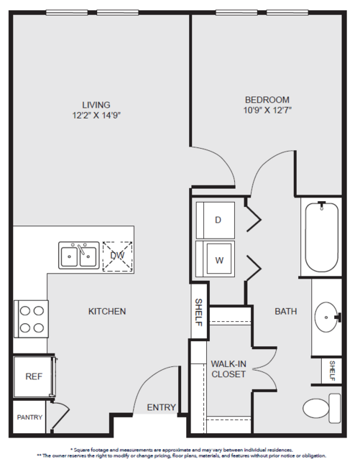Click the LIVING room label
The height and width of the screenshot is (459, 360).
pyautogui.click(x=96, y=105)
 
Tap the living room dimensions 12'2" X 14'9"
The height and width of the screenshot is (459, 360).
pyautogui.click(x=97, y=116)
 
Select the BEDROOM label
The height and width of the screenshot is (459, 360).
pyautogui.click(x=267, y=100)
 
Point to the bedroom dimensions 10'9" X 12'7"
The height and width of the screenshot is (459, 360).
pyautogui.click(x=267, y=111)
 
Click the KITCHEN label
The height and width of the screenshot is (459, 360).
pyautogui.click(x=107, y=311)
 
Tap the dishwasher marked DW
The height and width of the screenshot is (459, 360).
pyautogui.click(x=117, y=256)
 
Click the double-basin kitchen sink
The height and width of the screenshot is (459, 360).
pyautogui.click(x=79, y=255)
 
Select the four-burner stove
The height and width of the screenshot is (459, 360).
pyautogui.click(x=31, y=319)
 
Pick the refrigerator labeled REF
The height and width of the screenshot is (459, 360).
pyautogui.click(x=34, y=376)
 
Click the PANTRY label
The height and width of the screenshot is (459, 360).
pyautogui.click(x=29, y=417)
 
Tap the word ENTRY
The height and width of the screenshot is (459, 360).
pyautogui.click(x=161, y=407)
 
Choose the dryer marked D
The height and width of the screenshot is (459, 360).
pyautogui.click(x=216, y=220)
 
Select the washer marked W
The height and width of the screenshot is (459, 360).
pyautogui.click(x=216, y=259)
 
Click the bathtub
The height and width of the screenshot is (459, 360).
pyautogui.click(x=322, y=237)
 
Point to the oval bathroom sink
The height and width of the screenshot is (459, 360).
pyautogui.click(x=327, y=317)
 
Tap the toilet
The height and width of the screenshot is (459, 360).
pyautogui.click(x=322, y=408)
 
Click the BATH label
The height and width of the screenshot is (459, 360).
pyautogui.click(x=286, y=311)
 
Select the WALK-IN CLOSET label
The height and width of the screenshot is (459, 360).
pyautogui.click(x=229, y=368)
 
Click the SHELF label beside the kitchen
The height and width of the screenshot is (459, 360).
pyautogui.click(x=198, y=312)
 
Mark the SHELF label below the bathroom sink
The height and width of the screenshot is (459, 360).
pyautogui.click(x=332, y=371)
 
